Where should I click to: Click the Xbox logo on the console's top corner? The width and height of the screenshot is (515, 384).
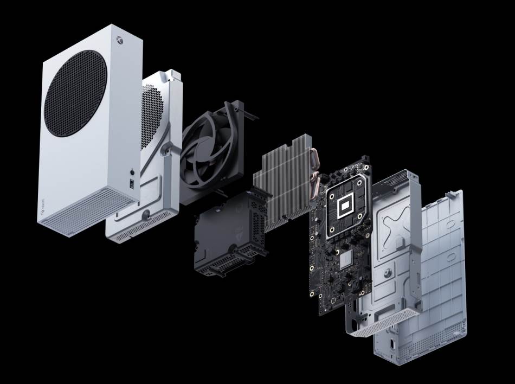pyautogui.click(x=117, y=40)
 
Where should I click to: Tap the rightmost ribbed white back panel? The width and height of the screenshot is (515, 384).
pyautogui.click(x=434, y=282)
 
